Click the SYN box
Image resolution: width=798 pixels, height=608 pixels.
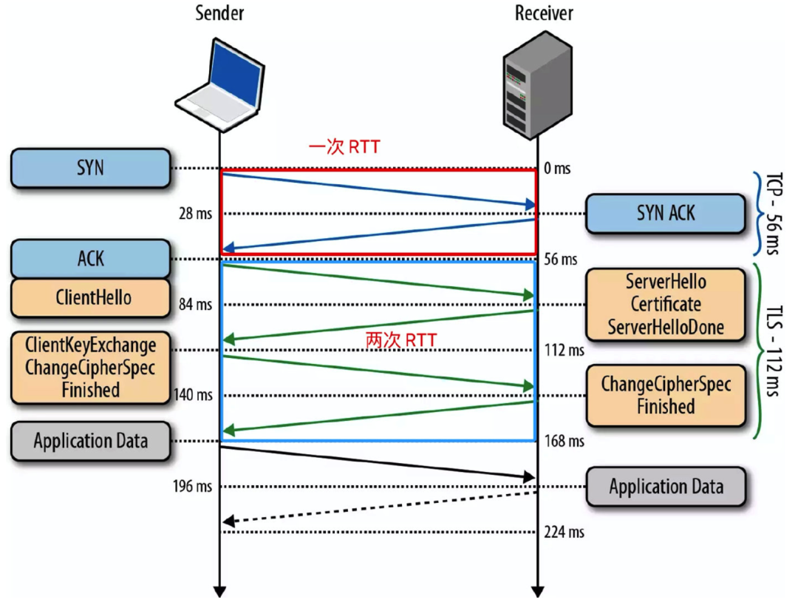(91, 168)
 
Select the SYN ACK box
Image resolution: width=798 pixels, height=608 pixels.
(666, 214)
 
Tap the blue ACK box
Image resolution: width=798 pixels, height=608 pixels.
(91, 258)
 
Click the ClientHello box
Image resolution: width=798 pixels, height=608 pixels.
(91, 297)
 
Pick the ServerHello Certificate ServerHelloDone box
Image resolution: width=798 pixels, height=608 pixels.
(666, 305)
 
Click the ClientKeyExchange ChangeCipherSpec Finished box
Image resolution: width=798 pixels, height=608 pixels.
(91, 368)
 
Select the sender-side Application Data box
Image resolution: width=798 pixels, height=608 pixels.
(91, 441)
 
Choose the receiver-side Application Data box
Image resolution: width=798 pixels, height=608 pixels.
(666, 487)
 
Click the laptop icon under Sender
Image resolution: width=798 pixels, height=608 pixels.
(220, 84)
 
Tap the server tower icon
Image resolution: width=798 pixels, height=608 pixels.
(538, 84)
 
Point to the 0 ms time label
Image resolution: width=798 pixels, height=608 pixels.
(557, 168)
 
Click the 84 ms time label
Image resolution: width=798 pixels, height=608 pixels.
(195, 304)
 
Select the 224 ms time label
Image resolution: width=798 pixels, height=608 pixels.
(564, 532)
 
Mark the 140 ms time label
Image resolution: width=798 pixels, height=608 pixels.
(193, 395)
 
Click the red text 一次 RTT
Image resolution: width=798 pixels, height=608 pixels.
(344, 146)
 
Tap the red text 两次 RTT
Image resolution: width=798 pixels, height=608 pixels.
(401, 340)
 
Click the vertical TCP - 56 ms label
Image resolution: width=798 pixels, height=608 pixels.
(773, 214)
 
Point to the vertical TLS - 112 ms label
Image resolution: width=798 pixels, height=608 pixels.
(773, 351)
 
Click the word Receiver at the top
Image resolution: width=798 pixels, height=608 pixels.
(544, 13)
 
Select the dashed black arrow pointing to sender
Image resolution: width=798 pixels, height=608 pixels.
(380, 507)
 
